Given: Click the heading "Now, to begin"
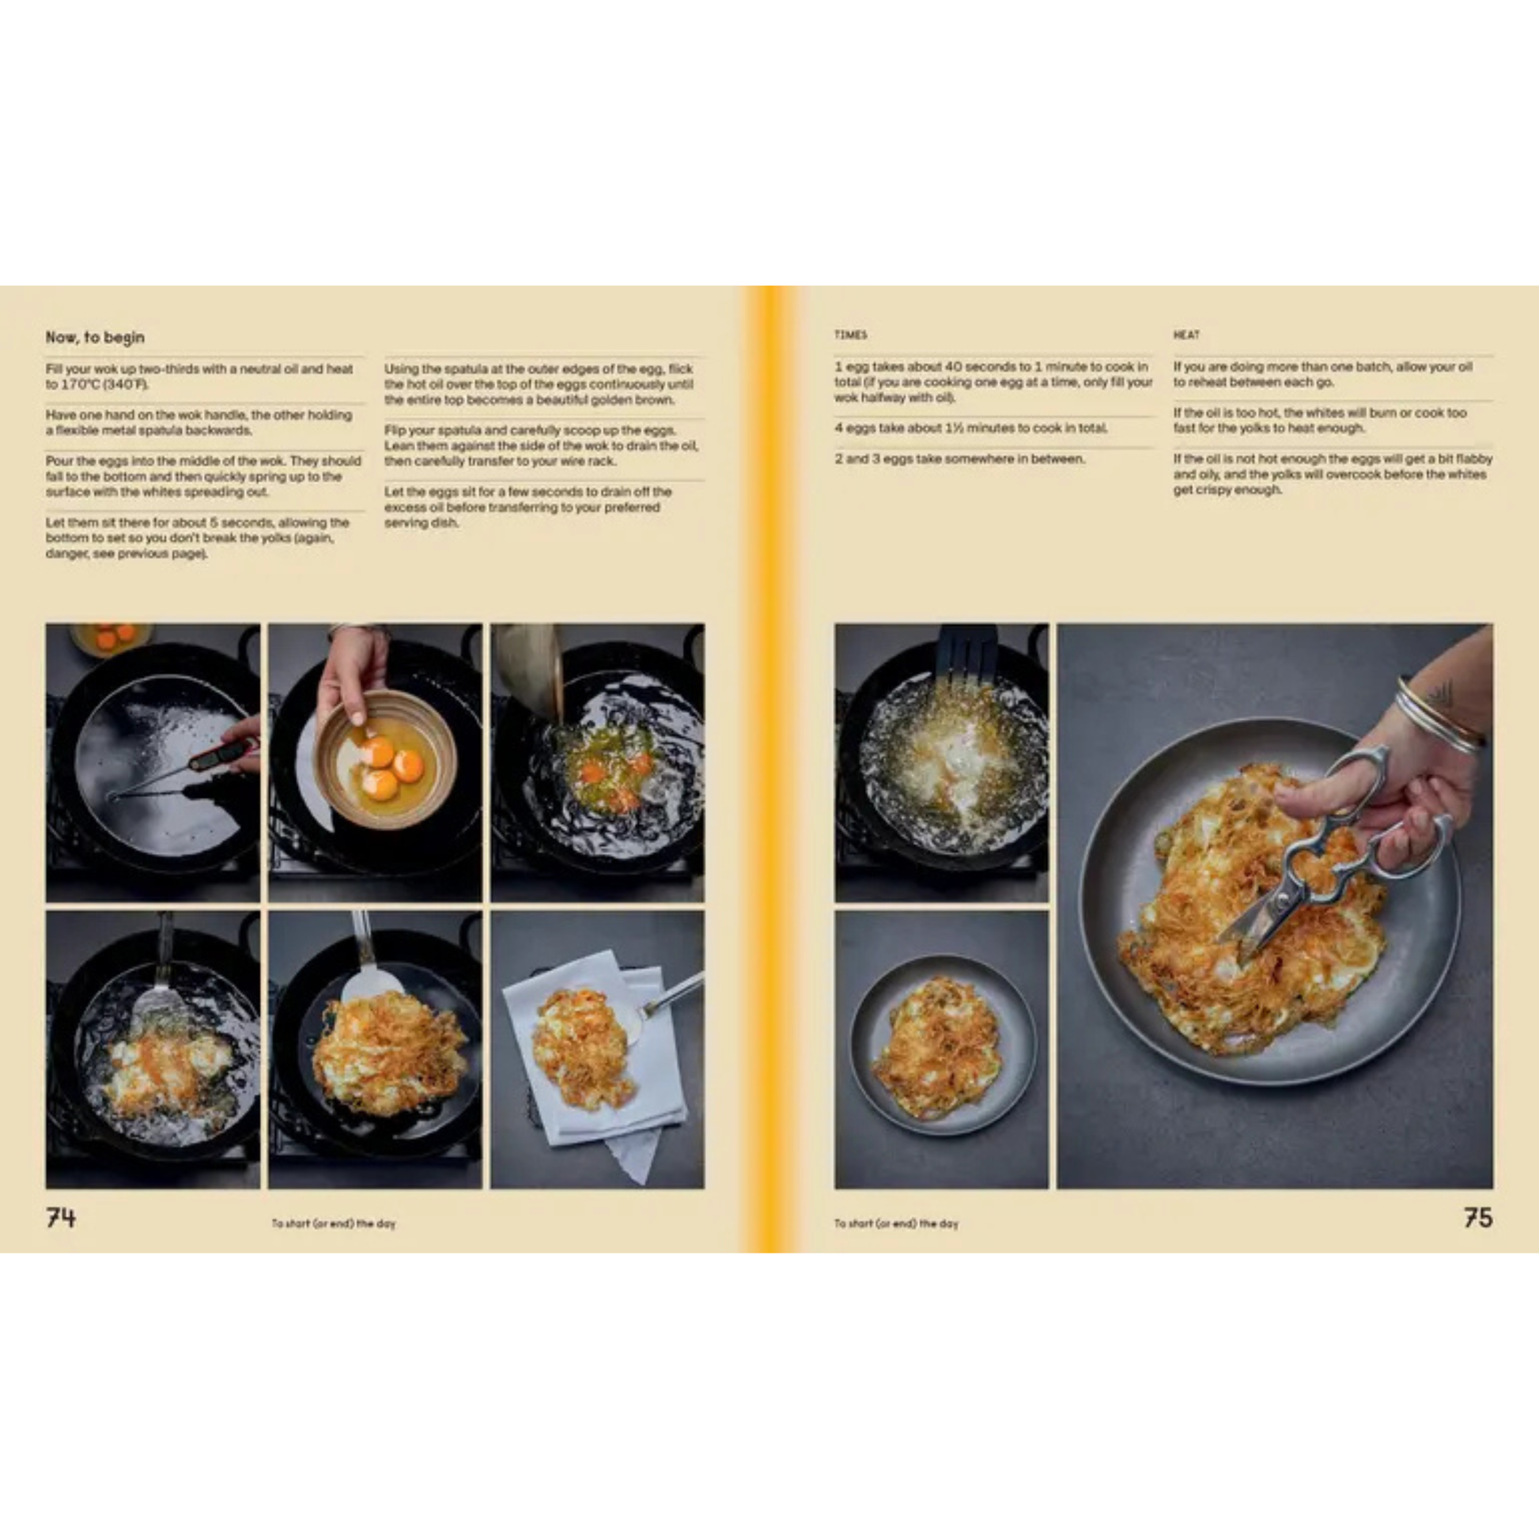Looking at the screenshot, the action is (x=95, y=337).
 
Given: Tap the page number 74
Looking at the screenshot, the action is (x=61, y=1218).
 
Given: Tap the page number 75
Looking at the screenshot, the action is (x=1477, y=1218).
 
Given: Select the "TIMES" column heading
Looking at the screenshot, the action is (x=851, y=335).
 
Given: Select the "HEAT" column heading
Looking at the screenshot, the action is (x=1186, y=335).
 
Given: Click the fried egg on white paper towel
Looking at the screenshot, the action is (x=583, y=1047).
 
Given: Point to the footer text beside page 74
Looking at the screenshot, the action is (x=334, y=1223).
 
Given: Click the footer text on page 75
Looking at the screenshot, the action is (x=896, y=1223).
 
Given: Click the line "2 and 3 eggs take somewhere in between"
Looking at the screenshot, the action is (x=960, y=459).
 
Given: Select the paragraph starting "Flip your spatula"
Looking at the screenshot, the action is (x=542, y=445).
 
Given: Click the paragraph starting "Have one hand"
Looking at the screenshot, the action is (x=199, y=422).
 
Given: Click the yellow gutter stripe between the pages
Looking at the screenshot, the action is (x=769, y=769).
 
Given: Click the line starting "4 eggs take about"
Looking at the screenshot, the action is (x=971, y=428).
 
